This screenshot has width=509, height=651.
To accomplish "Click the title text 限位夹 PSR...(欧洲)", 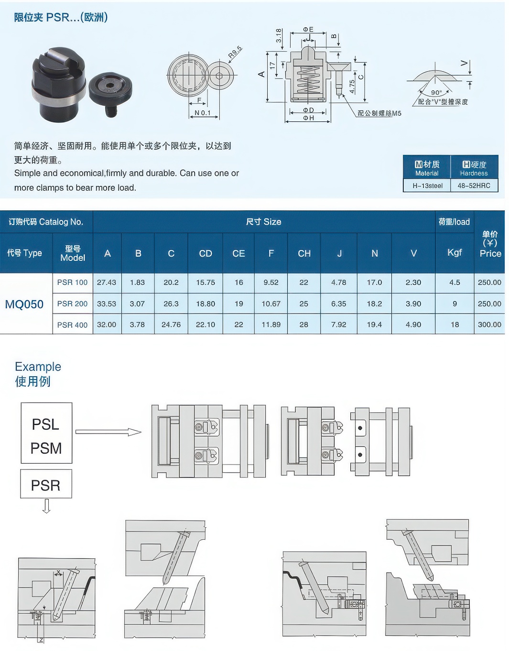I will pos(61,17).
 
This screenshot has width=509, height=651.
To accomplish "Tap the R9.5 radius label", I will pos(235,52).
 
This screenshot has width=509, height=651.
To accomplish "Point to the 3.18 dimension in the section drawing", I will pos(278,36).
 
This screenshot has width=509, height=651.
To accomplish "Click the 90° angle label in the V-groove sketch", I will pos(436,93).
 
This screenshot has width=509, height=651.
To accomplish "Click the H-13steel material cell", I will pos(427,185).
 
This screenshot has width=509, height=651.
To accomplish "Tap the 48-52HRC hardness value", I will pos(474,185).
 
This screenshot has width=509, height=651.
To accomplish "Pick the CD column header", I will pos(206,253).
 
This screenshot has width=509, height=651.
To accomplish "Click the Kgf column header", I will pos(455,252).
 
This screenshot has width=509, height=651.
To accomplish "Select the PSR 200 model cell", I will pos(72,304).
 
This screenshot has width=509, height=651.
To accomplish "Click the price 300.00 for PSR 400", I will pos(489,325).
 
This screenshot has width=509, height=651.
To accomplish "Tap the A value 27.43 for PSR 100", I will pos(107,282).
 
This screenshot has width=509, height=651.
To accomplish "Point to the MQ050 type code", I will pos(24,304).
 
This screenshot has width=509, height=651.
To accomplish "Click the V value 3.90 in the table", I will pos(413,304).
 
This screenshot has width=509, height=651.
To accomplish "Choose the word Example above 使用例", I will pos(38,367).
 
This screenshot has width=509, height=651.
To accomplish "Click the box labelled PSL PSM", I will pos(46,433).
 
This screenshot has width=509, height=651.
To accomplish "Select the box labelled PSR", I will pos(46,484).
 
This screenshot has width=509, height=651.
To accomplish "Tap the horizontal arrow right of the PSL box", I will pos(108,432).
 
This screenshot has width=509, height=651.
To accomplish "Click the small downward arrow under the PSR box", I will pos(46,506).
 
